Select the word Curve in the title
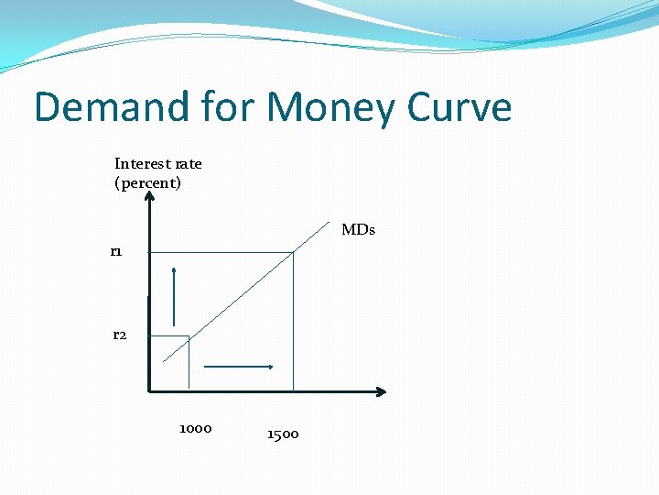click(x=459, y=107)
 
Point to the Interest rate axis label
click(x=157, y=164)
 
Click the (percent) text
click(x=147, y=182)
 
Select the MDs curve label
click(x=358, y=230)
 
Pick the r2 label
click(x=120, y=335)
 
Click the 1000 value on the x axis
click(x=195, y=428)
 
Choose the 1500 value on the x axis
click(x=283, y=434)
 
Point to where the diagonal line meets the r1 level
click(x=292, y=252)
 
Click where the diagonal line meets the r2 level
click(x=189, y=336)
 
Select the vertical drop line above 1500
click(x=293, y=321)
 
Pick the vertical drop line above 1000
click(x=189, y=364)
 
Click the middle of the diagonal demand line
click(x=240, y=294)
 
